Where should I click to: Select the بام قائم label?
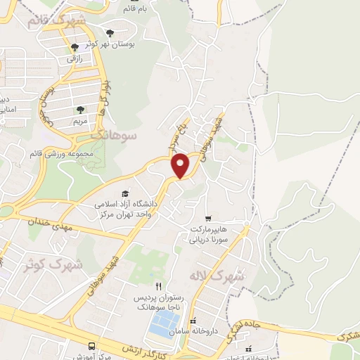point(136,8)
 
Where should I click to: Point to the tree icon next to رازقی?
point(75,47)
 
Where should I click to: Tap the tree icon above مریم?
point(80,109)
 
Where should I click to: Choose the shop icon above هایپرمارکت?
point(207,218)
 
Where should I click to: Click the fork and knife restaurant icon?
point(158,286)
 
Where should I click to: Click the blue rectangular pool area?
point(164,323)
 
